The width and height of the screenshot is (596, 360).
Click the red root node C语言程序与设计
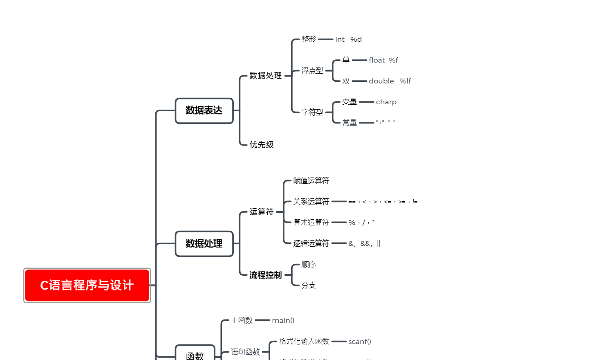87,285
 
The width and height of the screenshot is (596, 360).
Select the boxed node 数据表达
204,110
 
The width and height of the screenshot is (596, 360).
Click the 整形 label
309,39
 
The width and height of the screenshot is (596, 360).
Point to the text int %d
348,39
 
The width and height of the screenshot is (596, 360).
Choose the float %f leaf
383,60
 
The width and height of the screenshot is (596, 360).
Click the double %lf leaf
390,81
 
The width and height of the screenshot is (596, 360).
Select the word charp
386,102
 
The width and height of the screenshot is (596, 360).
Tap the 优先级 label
262,144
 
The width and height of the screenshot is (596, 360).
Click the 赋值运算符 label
311,181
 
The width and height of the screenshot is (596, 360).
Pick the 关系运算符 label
311,202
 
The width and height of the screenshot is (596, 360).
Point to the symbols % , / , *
361,223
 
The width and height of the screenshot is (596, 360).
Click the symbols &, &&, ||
365,243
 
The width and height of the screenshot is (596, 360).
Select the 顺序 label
309,265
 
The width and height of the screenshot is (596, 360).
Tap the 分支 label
309,285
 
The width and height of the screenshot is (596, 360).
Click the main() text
283,320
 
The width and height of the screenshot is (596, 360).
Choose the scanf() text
360,342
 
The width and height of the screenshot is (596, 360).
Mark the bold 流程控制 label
266,275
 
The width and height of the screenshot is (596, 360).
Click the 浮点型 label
312,71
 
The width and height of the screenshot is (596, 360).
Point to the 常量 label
350,123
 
